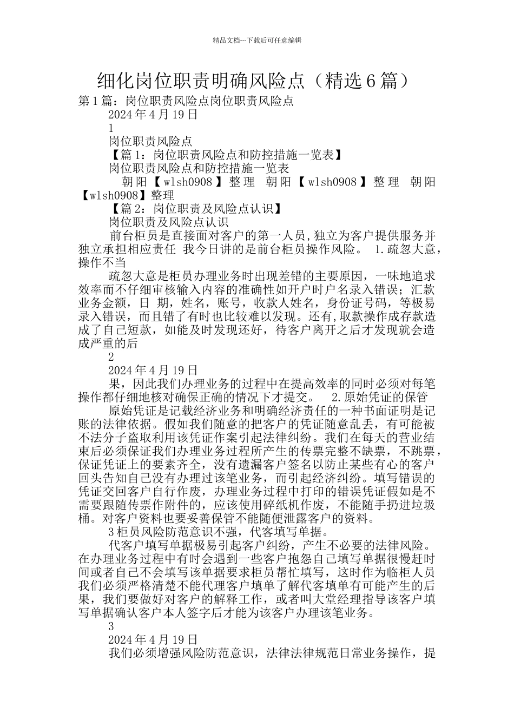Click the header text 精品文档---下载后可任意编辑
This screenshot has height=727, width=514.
click(257, 40)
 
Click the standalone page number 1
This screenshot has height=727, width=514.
click(111, 128)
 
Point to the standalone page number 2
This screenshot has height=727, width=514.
click(111, 357)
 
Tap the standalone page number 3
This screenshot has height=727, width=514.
click(111, 626)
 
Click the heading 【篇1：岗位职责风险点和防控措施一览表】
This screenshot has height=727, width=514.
click(225, 155)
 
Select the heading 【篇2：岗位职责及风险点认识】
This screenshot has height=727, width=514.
click(195, 209)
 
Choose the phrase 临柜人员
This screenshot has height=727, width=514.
click(411, 572)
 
